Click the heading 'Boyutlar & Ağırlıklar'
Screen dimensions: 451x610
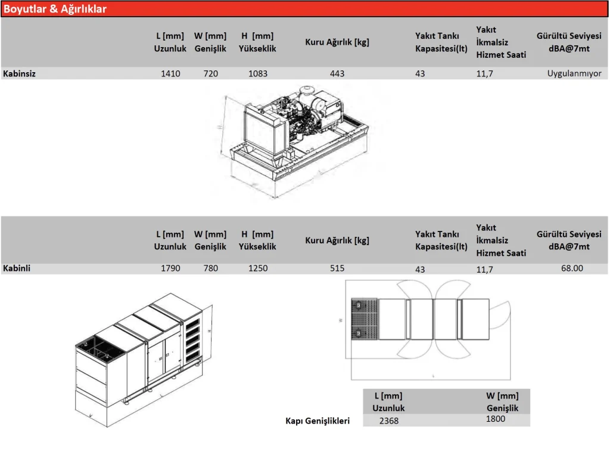55,9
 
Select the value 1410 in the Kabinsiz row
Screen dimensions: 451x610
170,74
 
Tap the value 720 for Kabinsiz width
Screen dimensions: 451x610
210,74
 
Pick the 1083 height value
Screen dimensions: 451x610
257,74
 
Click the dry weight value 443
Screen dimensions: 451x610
337,74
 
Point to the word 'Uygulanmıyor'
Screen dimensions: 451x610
574,74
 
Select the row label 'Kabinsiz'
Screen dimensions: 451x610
19,74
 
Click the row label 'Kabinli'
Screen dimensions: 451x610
17,268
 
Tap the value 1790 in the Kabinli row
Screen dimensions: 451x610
170,268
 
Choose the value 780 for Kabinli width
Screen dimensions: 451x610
210,268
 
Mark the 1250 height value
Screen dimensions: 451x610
257,268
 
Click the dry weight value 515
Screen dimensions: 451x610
337,268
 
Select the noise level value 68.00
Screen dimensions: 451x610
572,268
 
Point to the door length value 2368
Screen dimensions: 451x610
388,421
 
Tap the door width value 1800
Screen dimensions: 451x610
495,419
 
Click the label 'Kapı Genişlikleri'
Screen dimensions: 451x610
318,421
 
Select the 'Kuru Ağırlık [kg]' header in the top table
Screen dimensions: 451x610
337,42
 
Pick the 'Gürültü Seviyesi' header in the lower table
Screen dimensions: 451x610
569,234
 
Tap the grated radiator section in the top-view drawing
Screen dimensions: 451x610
365,319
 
